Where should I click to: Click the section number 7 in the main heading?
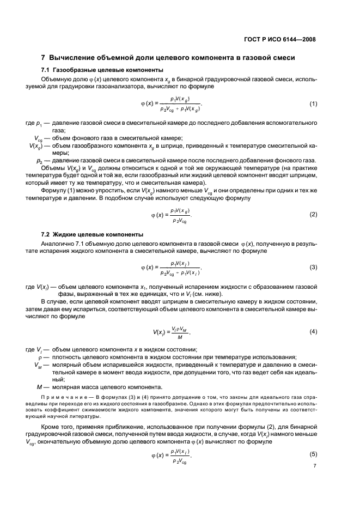coord(44,58)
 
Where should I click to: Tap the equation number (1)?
coord(313,104)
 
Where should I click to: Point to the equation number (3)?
coord(313,267)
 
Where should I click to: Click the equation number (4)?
coord(313,331)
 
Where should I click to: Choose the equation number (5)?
coord(313,454)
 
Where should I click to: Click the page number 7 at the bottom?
coord(315,466)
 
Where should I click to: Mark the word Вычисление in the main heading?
coord(75,58)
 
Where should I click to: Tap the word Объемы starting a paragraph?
coord(53,169)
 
